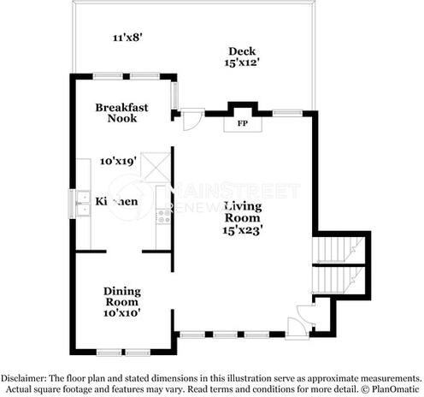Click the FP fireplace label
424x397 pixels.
tap(242, 123)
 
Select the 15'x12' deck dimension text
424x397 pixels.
tap(242, 62)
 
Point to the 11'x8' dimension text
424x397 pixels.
tap(127, 37)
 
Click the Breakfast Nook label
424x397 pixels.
tap(122, 113)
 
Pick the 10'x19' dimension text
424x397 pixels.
tap(118, 160)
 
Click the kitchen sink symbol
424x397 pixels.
tap(81, 203)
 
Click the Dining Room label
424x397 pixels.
tap(121, 296)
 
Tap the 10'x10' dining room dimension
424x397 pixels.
tap(121, 313)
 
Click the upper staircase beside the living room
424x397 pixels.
tap(340, 249)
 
